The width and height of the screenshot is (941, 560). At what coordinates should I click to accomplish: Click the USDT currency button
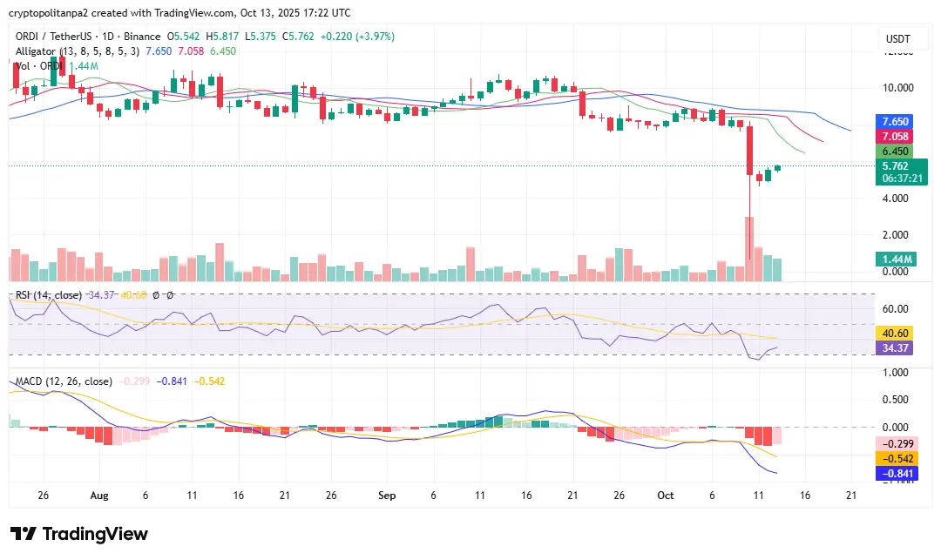(x=897, y=39)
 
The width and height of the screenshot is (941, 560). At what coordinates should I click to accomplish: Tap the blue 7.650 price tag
(x=896, y=122)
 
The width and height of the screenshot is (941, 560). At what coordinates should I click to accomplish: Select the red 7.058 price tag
(x=896, y=137)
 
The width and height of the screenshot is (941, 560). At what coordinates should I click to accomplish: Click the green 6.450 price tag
(x=896, y=152)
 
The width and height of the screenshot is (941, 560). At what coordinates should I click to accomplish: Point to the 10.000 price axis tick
(x=897, y=88)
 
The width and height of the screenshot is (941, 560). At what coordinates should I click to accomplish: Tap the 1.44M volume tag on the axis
(x=896, y=260)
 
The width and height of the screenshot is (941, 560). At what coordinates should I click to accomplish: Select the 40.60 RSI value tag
(x=896, y=333)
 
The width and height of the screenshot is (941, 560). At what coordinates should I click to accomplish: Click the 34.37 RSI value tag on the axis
(x=896, y=348)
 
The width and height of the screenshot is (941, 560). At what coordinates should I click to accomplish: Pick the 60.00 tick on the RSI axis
(x=897, y=309)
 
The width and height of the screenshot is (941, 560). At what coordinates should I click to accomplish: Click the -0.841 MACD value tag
(x=896, y=474)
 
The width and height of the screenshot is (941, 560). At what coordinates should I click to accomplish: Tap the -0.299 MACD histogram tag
(x=896, y=443)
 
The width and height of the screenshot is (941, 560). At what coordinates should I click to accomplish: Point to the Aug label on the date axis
(x=98, y=495)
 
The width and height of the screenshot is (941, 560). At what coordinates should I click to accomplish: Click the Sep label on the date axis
(x=388, y=495)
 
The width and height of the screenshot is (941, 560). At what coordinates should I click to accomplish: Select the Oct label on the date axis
(x=666, y=495)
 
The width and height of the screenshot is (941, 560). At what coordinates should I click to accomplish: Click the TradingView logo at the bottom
(x=79, y=534)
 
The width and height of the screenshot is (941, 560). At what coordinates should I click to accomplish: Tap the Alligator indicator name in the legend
(x=35, y=51)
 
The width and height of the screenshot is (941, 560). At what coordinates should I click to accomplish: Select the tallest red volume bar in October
(x=748, y=248)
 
